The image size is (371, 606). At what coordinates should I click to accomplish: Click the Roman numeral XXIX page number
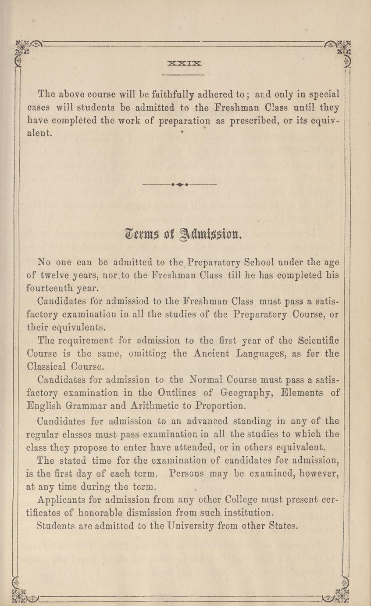[x=184, y=63]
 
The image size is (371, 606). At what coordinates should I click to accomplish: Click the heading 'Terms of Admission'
[x=184, y=233]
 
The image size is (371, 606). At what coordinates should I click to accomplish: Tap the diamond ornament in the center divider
[x=180, y=184]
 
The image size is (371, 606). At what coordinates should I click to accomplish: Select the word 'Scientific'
[x=318, y=340]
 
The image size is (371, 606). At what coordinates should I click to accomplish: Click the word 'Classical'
[x=46, y=366]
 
